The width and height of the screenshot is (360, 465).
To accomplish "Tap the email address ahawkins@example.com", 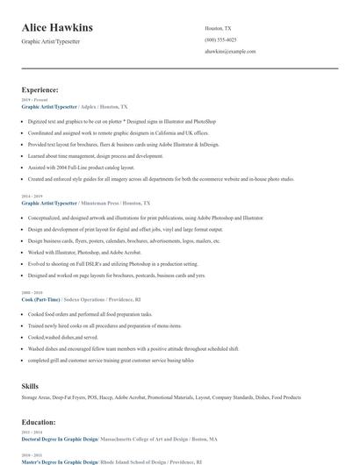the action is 230,52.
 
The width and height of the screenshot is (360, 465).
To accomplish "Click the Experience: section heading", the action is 40,89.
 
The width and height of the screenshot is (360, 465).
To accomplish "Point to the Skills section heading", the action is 31,386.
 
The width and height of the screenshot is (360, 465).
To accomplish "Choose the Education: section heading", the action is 40,422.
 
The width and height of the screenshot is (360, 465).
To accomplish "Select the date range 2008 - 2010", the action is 33,292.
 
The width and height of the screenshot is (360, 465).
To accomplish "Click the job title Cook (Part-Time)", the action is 41,298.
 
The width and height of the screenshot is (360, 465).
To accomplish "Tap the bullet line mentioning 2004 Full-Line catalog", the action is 81,167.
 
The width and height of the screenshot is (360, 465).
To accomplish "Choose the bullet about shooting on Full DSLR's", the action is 112,263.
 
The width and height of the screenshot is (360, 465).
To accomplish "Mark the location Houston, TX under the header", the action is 218,28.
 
